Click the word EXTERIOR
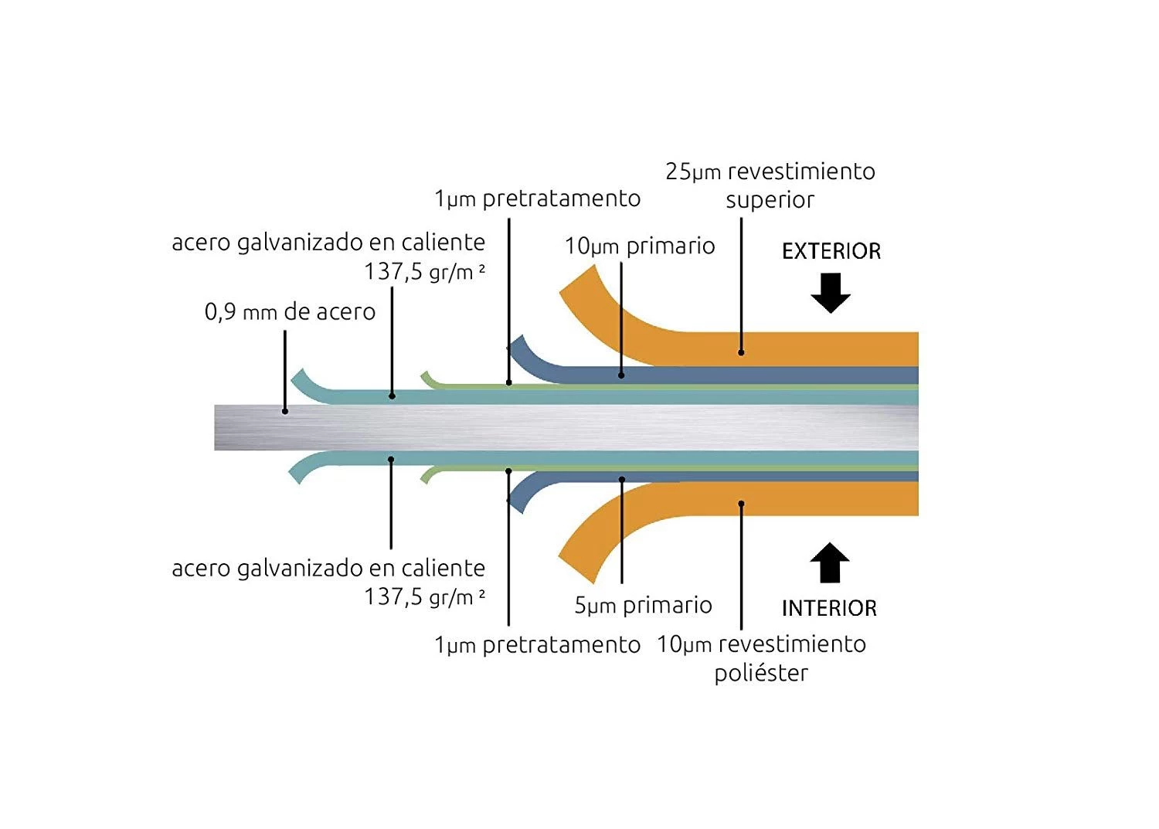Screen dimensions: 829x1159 point(831,251)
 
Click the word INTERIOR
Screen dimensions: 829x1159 point(829,608)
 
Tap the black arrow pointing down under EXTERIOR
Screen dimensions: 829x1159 point(831,294)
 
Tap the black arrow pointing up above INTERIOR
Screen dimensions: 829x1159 point(830,562)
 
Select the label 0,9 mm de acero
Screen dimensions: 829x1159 point(290,312)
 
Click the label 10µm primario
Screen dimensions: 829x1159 point(640,246)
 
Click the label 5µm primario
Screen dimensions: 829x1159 point(643,605)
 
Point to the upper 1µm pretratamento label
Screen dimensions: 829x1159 point(537,199)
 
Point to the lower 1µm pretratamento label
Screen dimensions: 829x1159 point(537,645)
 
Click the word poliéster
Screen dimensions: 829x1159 point(761,673)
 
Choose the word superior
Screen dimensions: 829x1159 point(770,200)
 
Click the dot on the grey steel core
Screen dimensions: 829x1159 point(285,411)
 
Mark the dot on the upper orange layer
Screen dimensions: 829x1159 point(741,352)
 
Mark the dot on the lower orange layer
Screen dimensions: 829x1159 point(741,504)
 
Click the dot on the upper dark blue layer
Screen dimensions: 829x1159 point(621,375)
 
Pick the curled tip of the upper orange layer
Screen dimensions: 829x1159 point(578,283)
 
